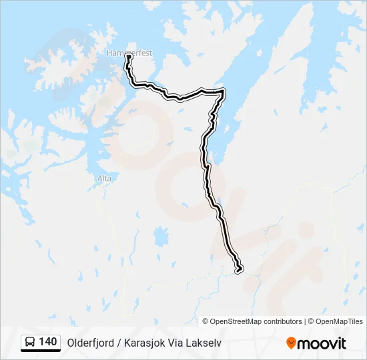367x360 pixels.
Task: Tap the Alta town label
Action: click(x=105, y=179)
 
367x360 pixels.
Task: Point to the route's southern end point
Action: click(x=239, y=269)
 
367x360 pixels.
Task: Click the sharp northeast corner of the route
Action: click(x=223, y=91)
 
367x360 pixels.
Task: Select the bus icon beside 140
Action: click(x=30, y=342)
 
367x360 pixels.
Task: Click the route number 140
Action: click(x=47, y=342)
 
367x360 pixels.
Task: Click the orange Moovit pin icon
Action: click(x=291, y=343)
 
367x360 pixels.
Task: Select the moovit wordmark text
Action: click(x=322, y=343)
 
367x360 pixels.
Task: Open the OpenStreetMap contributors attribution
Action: click(x=252, y=321)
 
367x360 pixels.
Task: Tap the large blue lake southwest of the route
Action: click(x=160, y=235)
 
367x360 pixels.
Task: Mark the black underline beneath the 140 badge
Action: click(x=41, y=351)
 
